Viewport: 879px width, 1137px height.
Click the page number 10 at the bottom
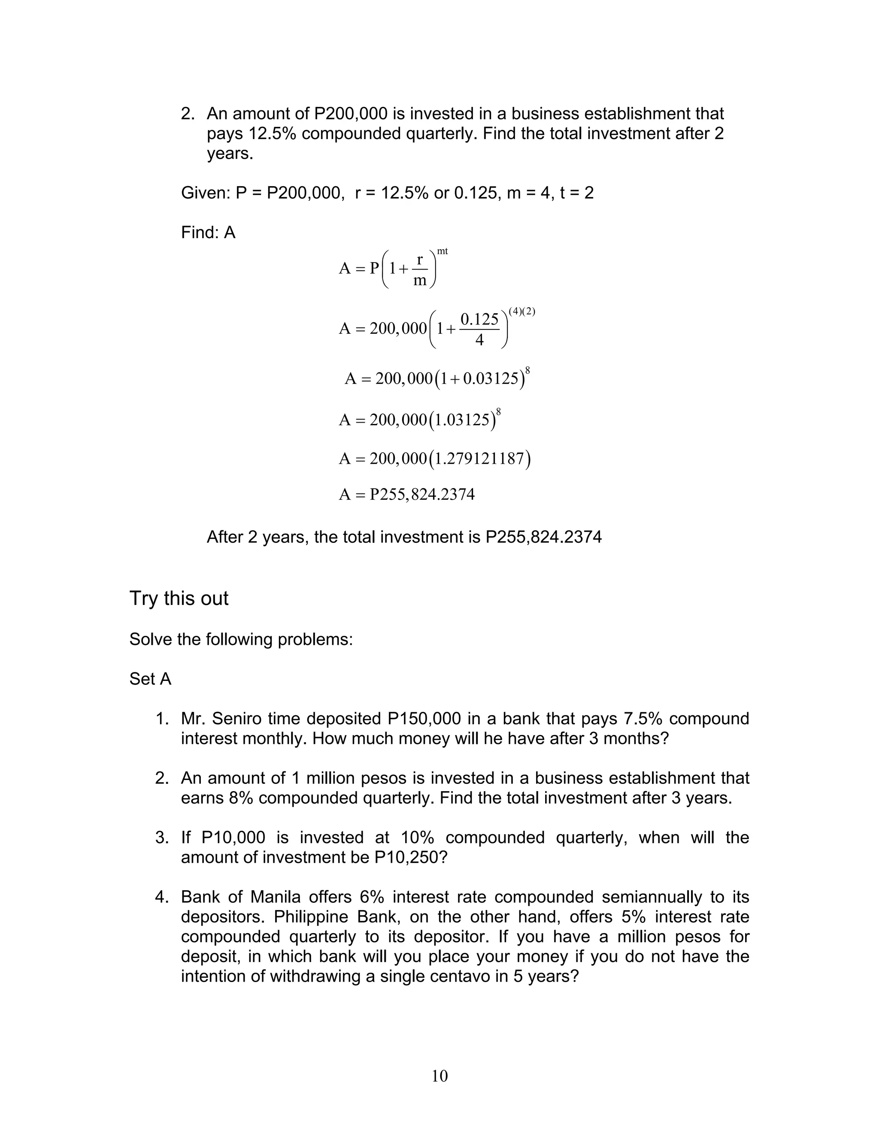[x=439, y=1076]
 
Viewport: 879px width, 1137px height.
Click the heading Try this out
[x=179, y=598]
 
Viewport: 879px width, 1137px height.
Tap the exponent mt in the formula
[x=442, y=251]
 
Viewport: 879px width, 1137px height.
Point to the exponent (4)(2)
[x=522, y=311]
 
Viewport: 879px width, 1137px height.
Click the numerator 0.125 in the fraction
[x=479, y=319]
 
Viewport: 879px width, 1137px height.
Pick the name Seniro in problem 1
[x=237, y=719]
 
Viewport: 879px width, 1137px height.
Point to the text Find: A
[x=208, y=233]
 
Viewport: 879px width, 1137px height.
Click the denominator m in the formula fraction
[x=420, y=281]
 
